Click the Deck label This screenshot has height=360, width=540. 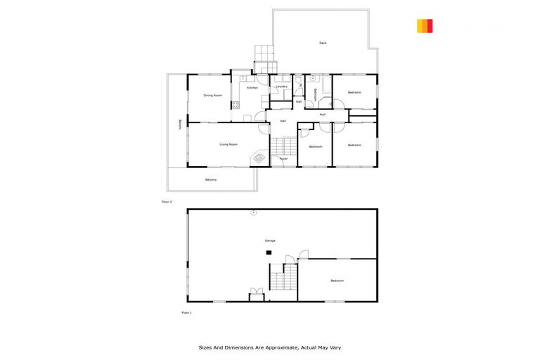pos(323,44)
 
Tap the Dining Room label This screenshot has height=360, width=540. pos(213,95)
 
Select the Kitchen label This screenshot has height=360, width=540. pos(252,88)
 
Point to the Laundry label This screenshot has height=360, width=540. pos(282,86)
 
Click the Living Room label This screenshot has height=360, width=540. pos(229,144)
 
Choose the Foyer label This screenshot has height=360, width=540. pos(283,159)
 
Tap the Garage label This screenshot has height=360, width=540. pos(270,240)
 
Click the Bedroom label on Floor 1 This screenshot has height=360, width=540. pos(337,281)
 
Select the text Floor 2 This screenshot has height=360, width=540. pos(167,201)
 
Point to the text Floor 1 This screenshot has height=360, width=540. pos(186,312)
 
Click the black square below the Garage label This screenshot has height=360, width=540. pos(269,252)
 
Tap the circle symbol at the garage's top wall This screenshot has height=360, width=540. pos(254,212)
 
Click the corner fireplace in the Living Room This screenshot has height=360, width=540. pos(259,158)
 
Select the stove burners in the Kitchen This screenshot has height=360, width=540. pos(236,105)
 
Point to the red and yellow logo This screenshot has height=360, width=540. pos(425,26)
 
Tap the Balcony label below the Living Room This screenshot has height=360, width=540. pos(211,180)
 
